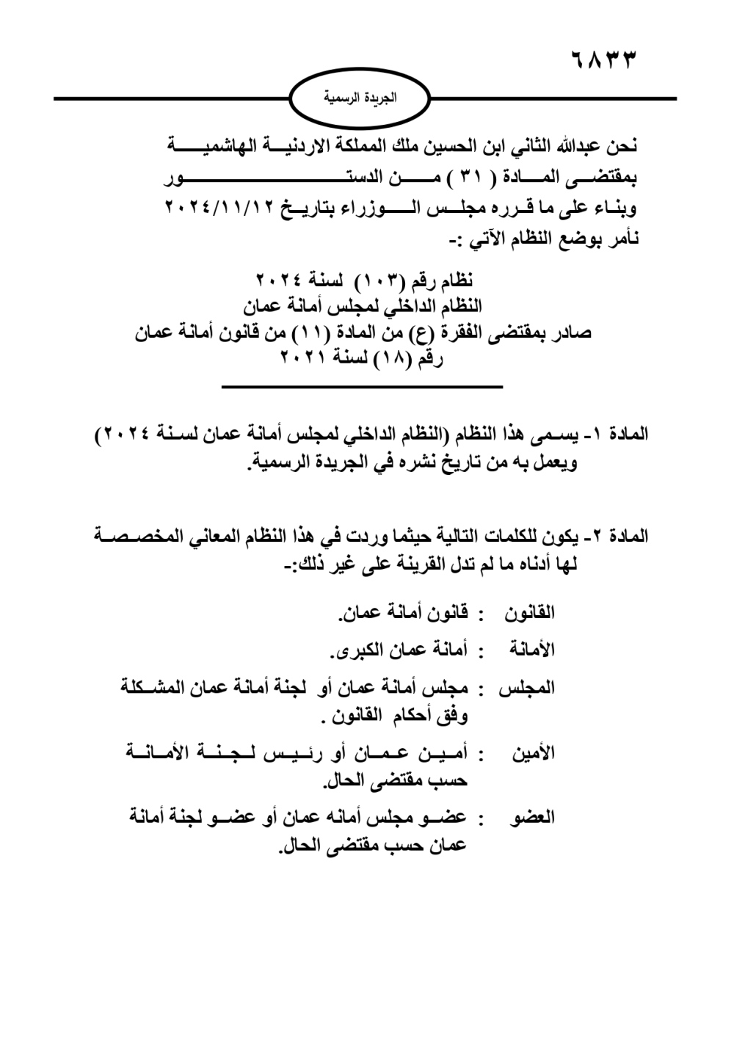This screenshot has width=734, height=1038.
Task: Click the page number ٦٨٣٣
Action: (602, 59)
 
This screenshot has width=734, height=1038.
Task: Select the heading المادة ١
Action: (619, 435)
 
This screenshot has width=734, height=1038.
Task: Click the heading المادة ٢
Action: (619, 537)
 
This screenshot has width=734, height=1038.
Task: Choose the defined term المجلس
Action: (527, 689)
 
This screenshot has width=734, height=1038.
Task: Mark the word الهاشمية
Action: (213, 145)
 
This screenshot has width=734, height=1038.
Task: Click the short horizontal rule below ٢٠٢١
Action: (362, 386)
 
